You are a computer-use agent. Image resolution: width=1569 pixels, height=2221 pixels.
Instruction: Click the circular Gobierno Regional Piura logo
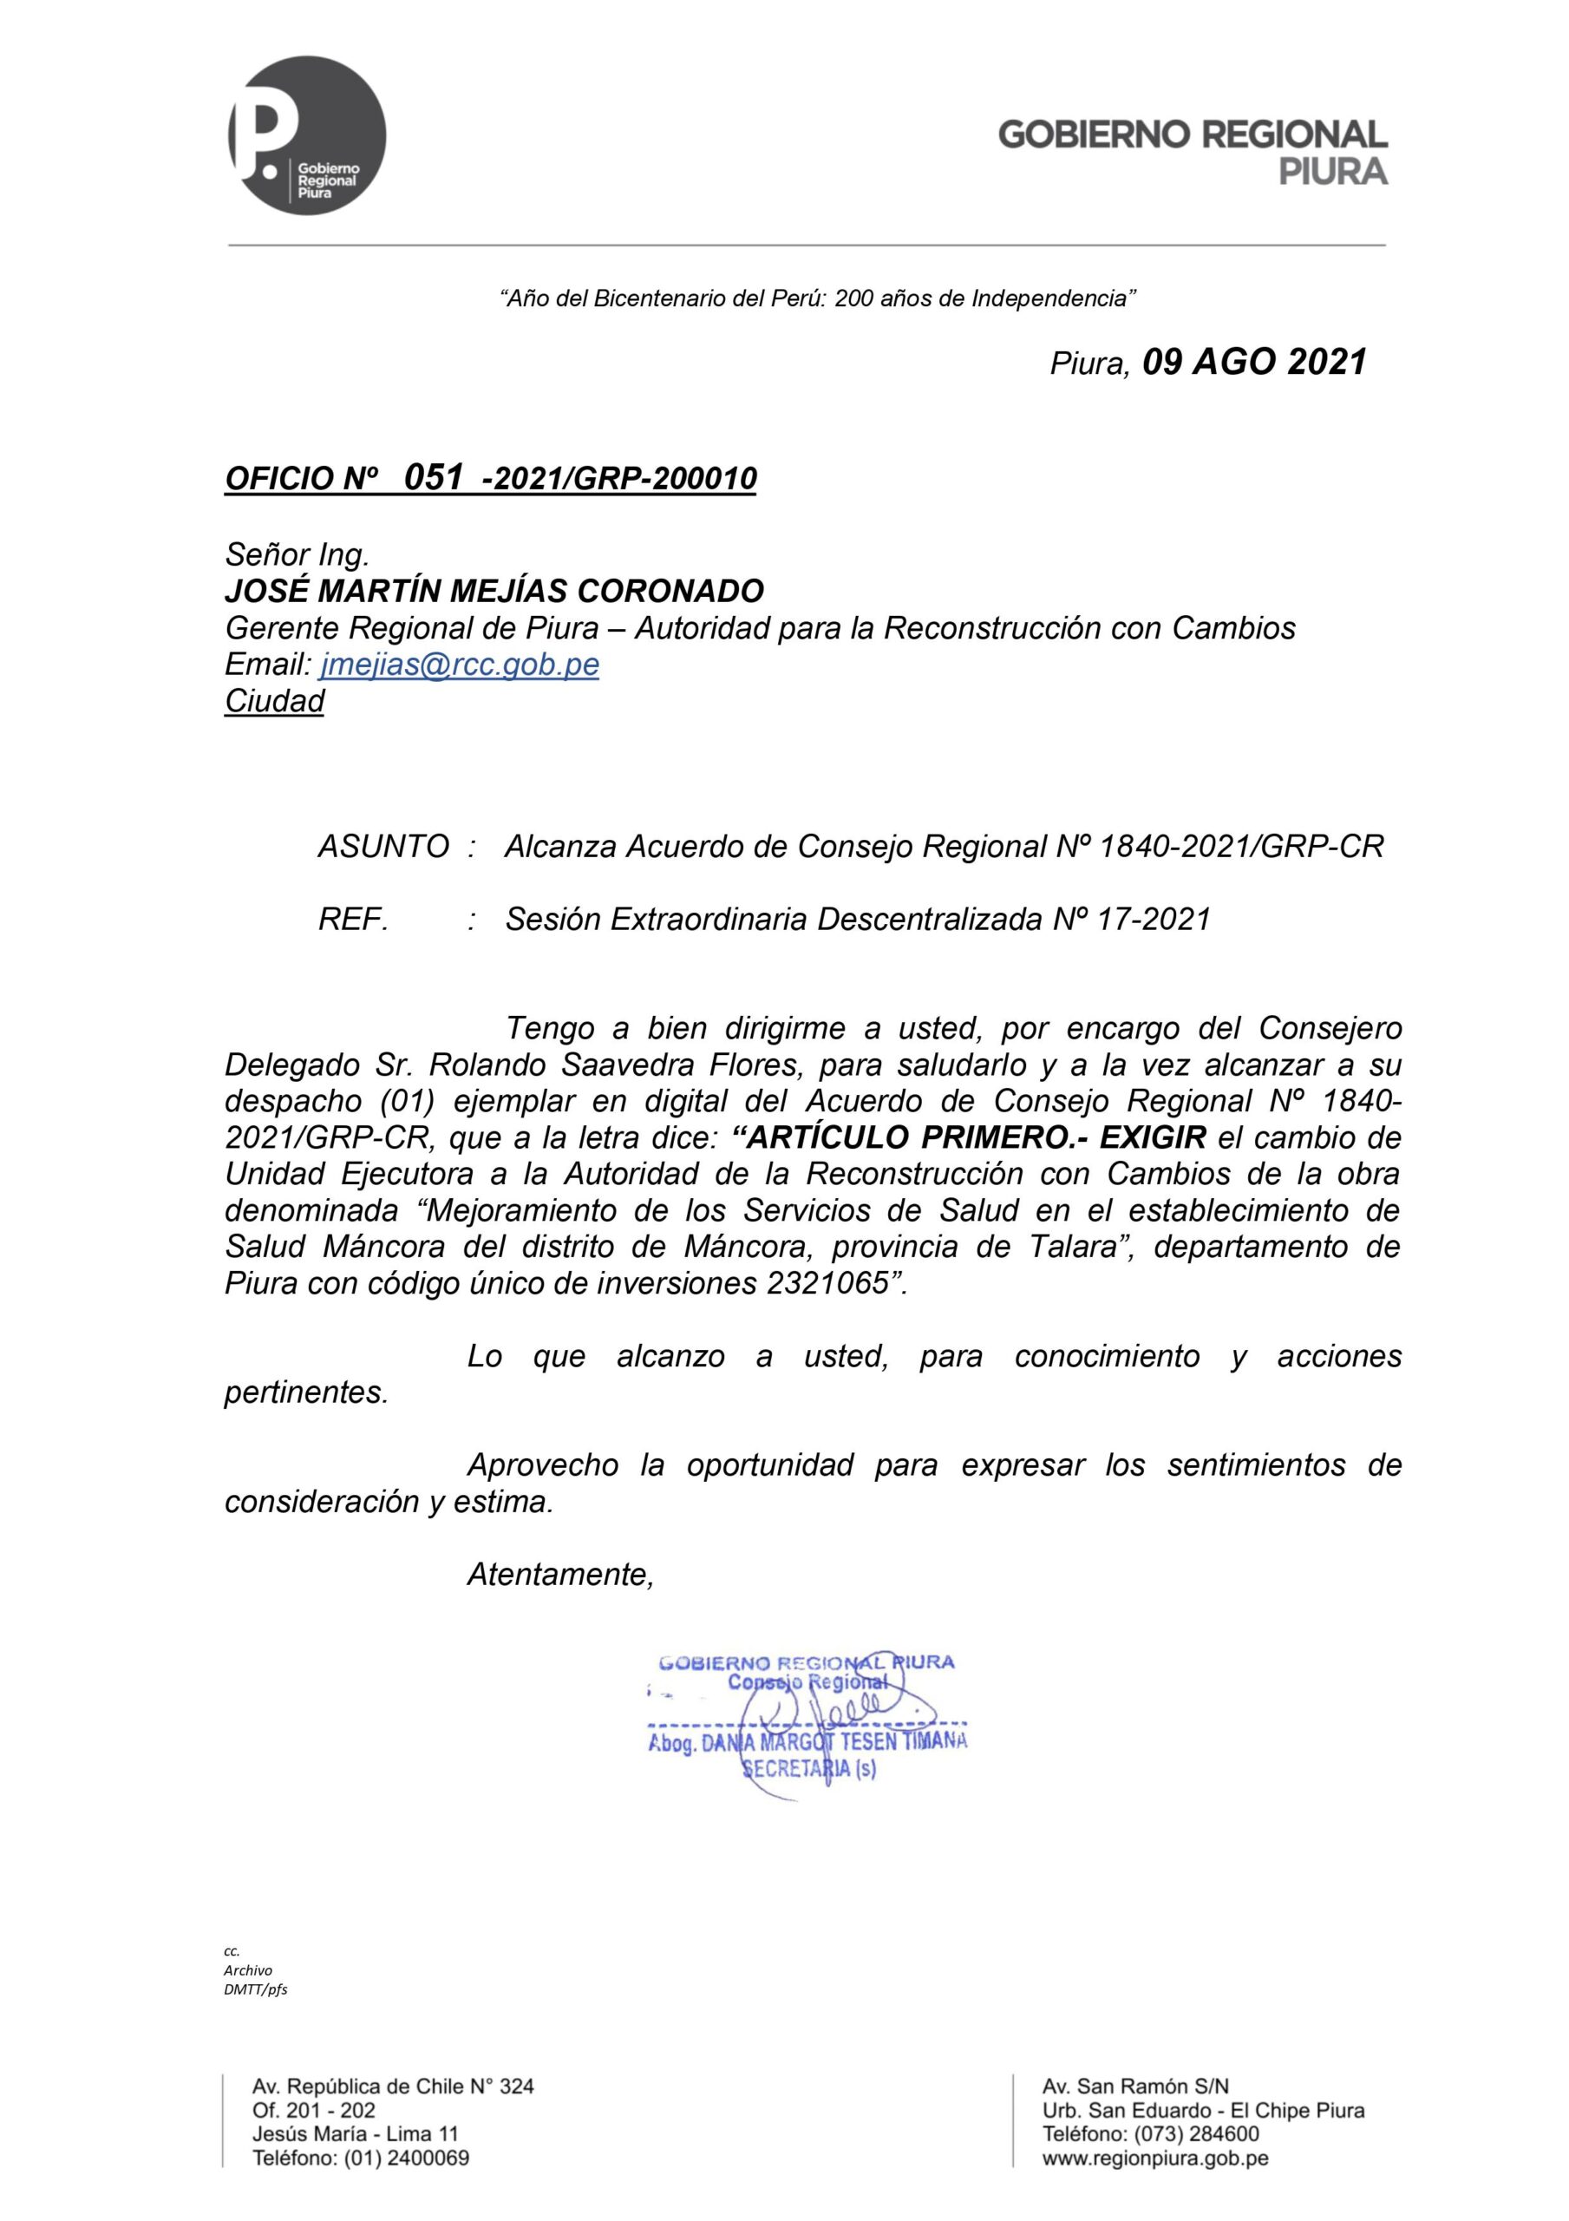[x=307, y=135]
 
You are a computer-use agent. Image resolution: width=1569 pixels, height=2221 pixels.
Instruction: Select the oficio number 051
[x=434, y=477]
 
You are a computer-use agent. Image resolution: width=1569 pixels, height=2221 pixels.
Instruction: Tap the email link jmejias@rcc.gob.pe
[x=459, y=665]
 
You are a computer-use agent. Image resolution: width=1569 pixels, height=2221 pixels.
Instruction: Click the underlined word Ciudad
[x=274, y=701]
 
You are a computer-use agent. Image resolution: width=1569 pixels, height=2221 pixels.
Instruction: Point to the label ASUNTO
[x=383, y=847]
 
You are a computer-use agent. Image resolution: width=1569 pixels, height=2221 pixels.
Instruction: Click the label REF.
[x=353, y=919]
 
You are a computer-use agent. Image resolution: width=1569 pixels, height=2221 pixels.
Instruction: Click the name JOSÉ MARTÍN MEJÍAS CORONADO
[x=494, y=590]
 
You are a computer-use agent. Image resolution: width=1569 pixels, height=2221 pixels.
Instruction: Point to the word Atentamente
[x=560, y=1575]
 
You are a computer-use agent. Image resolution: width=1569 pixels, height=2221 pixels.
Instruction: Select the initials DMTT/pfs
[x=255, y=1990]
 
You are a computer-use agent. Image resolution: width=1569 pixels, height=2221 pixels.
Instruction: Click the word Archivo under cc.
[x=248, y=1970]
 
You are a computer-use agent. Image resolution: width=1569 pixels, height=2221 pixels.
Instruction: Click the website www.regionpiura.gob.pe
[x=1155, y=2159]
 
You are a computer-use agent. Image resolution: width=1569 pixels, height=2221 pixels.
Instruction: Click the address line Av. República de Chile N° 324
[x=393, y=2087]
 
